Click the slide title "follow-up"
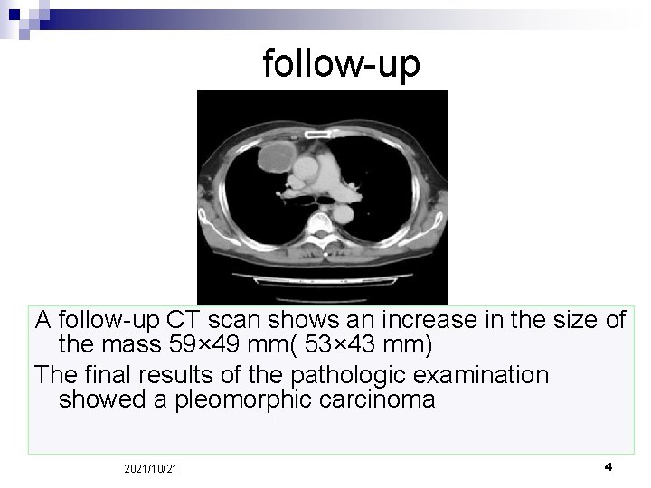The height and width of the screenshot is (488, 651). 341,64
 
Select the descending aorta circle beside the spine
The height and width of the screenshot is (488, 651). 343,213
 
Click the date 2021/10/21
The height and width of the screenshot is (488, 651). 151,468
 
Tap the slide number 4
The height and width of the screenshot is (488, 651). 608,466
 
